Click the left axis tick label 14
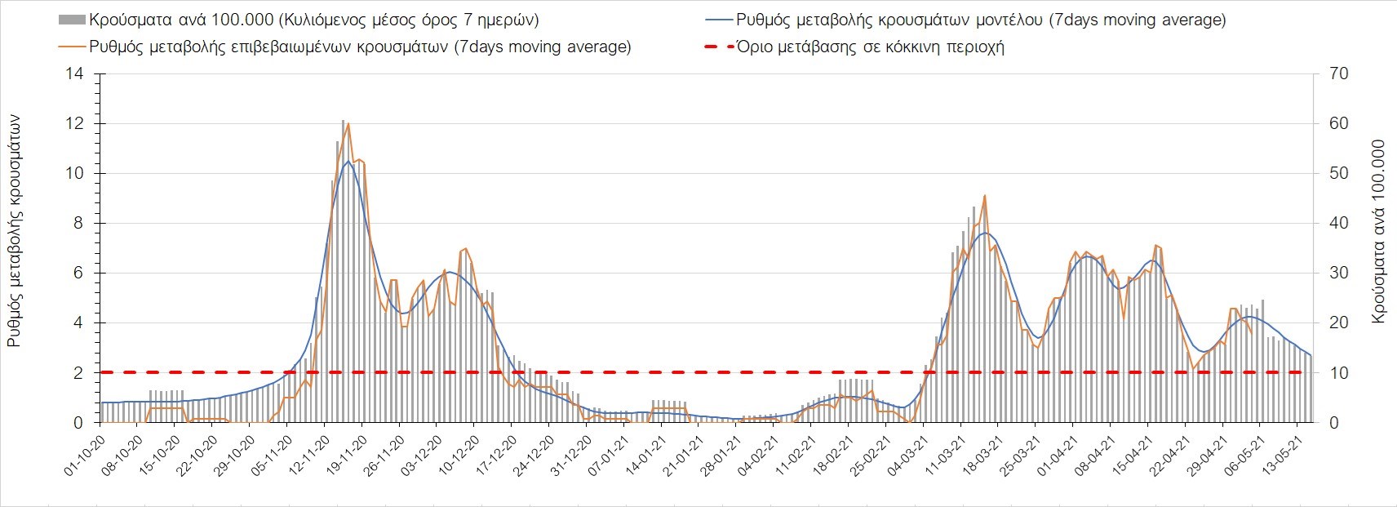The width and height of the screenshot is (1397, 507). pos(75,74)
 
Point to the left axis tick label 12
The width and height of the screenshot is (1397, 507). pos(75,124)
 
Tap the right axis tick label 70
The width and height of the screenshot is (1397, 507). pos(1339,74)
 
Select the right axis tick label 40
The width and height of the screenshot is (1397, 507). pos(1339,224)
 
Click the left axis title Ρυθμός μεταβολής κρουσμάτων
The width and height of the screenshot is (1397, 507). pos(15,232)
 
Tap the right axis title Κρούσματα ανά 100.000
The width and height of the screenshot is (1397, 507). pos(1379,232)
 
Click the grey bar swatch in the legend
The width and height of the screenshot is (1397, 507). pos(72,20)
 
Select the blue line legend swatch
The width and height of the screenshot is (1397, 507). pos(717,20)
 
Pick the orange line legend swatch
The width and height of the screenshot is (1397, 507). pos(72,47)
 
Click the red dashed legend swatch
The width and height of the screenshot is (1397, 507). pos(717,47)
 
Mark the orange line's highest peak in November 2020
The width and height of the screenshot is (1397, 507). pos(348,124)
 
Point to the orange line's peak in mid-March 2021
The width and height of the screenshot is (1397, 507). pos(986,196)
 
